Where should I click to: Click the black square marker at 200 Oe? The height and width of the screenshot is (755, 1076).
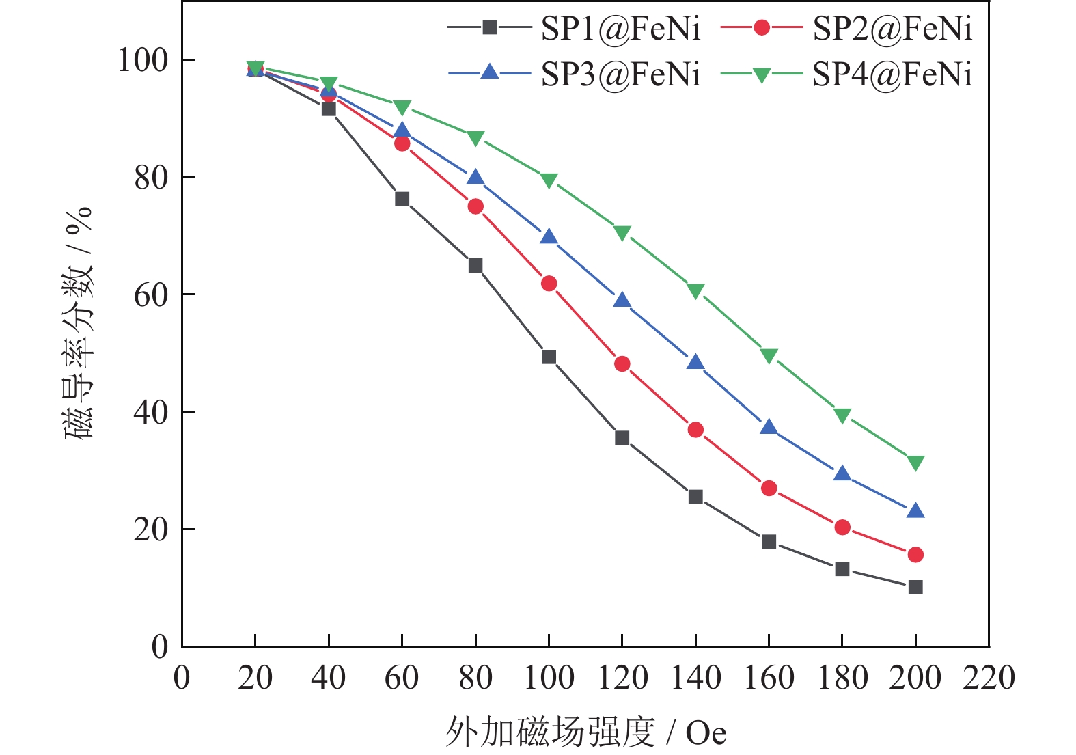pos(915,587)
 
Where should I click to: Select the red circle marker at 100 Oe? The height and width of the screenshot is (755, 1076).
pos(549,284)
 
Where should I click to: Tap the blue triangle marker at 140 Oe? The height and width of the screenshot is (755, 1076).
pos(695,362)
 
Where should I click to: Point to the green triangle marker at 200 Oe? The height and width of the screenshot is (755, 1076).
pos(915,463)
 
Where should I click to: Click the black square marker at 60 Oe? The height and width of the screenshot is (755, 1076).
pos(402,199)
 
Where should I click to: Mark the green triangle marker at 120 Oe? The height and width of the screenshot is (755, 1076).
pos(622,233)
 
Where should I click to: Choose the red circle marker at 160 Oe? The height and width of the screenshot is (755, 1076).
pos(769,488)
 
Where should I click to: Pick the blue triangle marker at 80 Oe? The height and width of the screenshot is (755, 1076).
pos(475,178)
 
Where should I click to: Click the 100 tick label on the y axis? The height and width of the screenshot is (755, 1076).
pos(143,60)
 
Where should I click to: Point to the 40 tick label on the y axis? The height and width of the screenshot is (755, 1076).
pos(151,412)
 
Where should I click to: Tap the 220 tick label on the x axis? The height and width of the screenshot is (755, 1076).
pos(989,678)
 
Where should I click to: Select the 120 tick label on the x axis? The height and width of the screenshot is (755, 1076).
pos(622,678)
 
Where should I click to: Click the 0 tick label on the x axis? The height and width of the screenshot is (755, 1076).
pos(182,678)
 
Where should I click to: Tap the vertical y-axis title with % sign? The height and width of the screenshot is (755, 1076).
pos(78,322)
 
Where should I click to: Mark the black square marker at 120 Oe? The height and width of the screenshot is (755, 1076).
pos(622,437)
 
